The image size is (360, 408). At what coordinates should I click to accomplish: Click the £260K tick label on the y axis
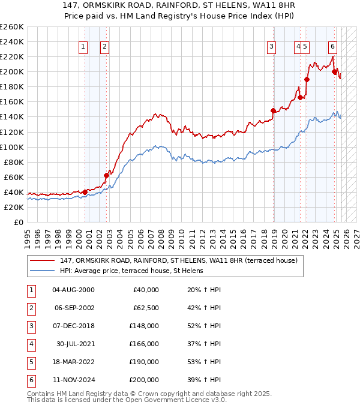click(x=12, y=27)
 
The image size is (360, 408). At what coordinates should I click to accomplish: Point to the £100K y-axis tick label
click(x=12, y=147)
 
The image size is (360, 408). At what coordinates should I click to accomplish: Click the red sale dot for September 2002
click(x=107, y=175)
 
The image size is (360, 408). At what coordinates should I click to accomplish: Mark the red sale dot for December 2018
click(x=274, y=110)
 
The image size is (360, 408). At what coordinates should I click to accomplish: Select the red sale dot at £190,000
click(x=307, y=79)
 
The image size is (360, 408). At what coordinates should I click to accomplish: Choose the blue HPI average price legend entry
click(x=131, y=271)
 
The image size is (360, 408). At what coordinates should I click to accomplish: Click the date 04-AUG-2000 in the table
click(x=74, y=290)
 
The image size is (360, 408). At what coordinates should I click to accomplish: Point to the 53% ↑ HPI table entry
click(x=205, y=362)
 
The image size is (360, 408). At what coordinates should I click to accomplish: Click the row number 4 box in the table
click(x=30, y=344)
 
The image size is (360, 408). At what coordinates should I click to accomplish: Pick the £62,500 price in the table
click(x=146, y=308)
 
